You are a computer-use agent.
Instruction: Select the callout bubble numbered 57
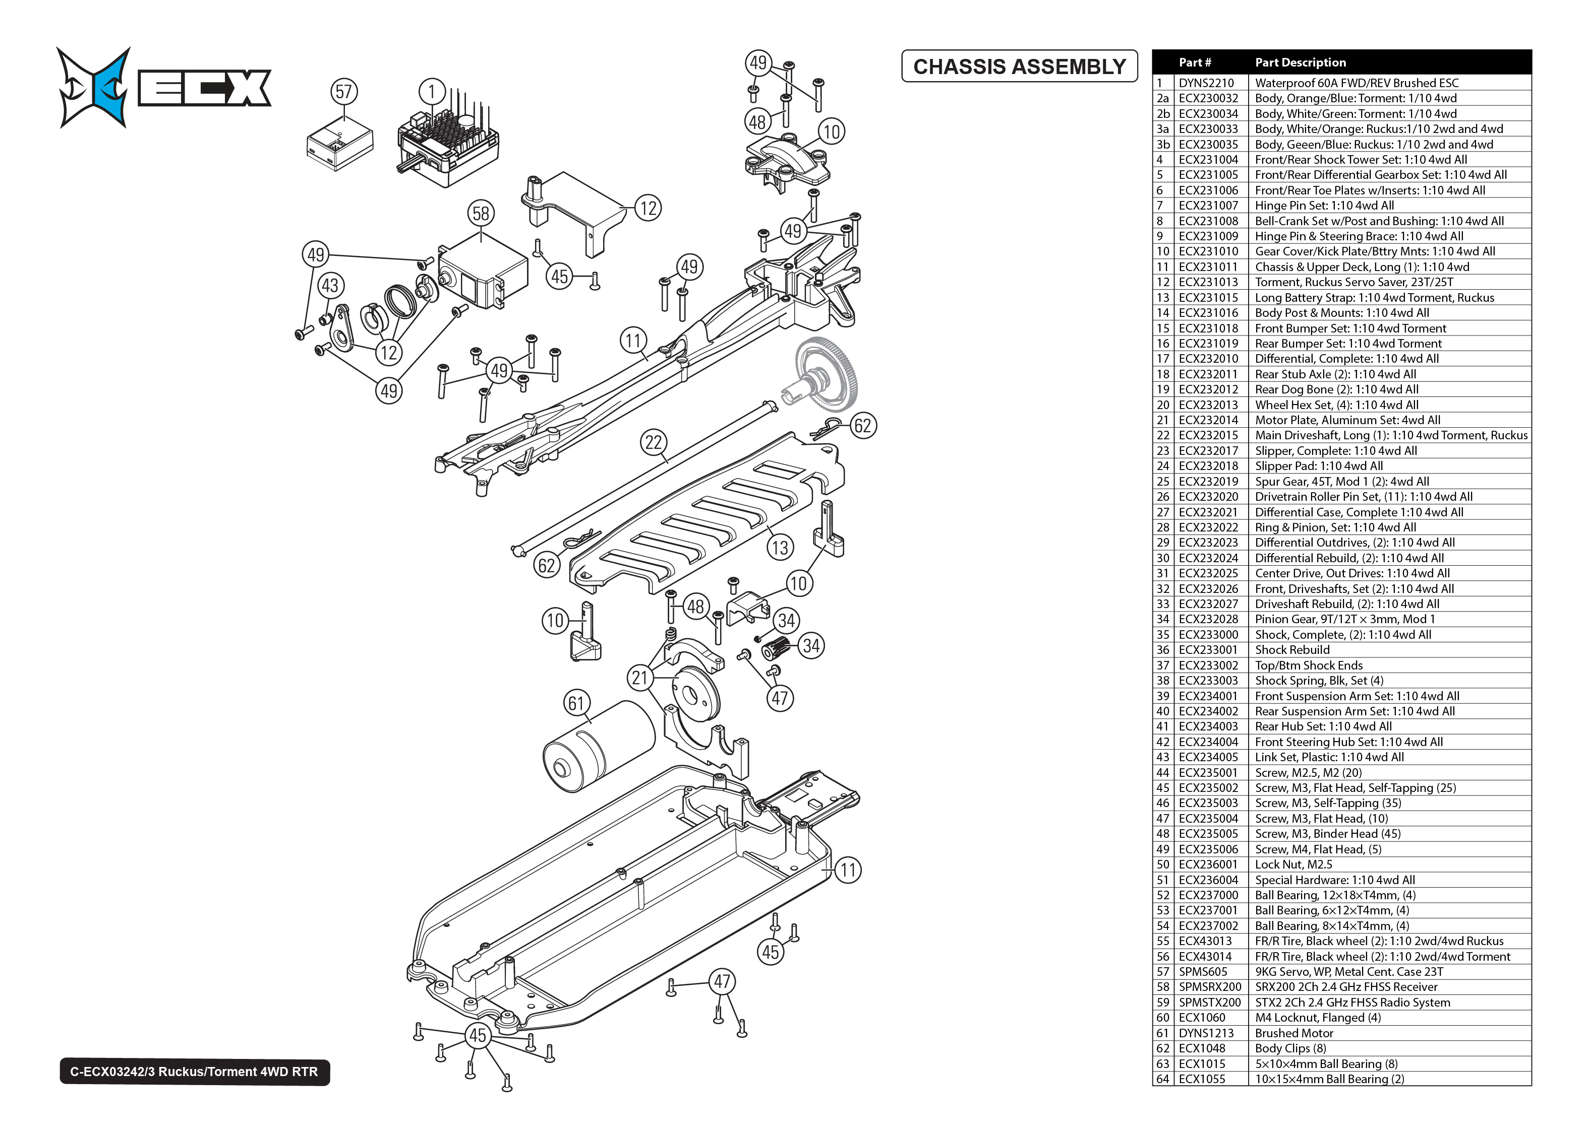(344, 92)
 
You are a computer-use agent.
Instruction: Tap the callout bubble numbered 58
(481, 213)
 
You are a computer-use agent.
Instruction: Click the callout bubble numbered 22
(654, 442)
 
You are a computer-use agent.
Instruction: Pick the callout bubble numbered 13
(780, 548)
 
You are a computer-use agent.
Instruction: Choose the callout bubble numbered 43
(330, 285)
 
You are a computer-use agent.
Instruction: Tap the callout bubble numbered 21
(640, 678)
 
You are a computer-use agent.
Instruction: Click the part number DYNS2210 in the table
(1206, 83)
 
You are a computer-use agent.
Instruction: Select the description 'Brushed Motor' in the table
(1293, 1033)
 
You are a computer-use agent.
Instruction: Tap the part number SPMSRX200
(1210, 987)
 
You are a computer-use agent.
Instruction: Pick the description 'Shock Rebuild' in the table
(1292, 649)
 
